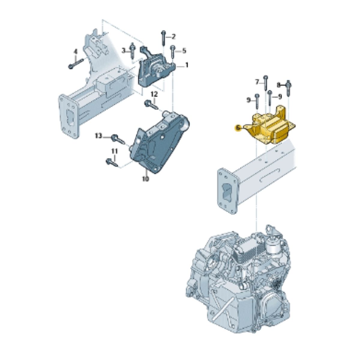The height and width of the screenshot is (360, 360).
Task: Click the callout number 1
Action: (187, 65)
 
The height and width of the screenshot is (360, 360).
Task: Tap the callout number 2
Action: (173, 37)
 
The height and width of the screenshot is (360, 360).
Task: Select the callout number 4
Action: (76, 52)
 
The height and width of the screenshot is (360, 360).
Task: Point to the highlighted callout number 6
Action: (238, 128)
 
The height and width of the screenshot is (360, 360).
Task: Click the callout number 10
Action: (145, 179)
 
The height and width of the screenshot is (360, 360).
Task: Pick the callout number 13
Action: (98, 136)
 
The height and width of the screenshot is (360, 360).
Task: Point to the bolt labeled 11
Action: (111, 162)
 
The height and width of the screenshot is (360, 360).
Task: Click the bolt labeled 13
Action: (117, 139)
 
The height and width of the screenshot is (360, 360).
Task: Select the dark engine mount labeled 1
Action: (154, 71)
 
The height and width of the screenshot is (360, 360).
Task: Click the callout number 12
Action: (154, 94)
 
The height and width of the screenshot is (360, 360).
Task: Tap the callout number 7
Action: (257, 82)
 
